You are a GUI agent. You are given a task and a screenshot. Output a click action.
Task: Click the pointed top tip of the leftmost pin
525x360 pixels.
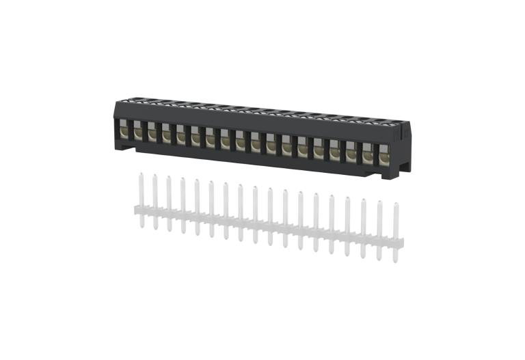(139, 174)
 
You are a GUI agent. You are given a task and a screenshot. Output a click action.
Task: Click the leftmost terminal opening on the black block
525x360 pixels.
(124, 129)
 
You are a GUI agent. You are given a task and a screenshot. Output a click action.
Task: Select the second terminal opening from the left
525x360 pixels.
(137, 130)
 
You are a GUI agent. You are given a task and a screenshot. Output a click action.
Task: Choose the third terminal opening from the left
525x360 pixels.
(152, 132)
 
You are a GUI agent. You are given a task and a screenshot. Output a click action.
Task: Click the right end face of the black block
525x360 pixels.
(405, 150)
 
